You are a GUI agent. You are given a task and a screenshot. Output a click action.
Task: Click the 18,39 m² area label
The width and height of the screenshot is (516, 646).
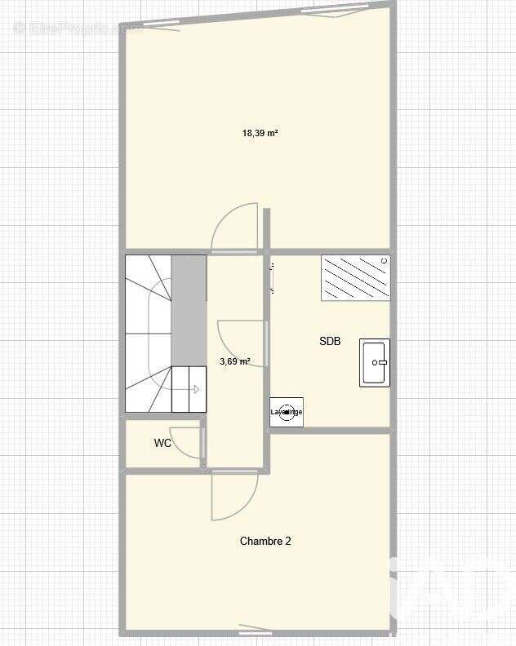tap(260, 132)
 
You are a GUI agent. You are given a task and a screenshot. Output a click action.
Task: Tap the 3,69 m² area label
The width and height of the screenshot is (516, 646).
tap(235, 361)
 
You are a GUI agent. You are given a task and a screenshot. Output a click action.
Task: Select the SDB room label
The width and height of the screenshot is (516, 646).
tap(330, 342)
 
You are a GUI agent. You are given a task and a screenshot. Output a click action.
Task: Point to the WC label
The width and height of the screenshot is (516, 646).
tap(162, 444)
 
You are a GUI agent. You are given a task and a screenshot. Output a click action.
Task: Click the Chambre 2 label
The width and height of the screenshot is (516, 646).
tap(265, 541)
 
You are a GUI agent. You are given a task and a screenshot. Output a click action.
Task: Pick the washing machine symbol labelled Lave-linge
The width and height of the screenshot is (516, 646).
tap(287, 412)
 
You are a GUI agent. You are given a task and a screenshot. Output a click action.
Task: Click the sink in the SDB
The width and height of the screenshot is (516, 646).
tap(375, 362)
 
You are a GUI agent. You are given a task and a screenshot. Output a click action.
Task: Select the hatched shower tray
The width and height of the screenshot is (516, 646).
tap(355, 278)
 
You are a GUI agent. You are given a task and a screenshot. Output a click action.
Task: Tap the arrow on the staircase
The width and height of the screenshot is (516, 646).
tap(196, 389)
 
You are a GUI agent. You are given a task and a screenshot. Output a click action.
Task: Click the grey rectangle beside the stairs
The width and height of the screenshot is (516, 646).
tap(189, 309)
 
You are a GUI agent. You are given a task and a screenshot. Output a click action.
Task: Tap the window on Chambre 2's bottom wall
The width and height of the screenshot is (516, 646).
tap(256, 630)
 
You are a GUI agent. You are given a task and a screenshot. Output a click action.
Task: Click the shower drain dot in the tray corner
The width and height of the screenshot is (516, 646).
tap(384, 261)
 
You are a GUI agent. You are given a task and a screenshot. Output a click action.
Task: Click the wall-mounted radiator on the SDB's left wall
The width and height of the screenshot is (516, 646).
tap(270, 277)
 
